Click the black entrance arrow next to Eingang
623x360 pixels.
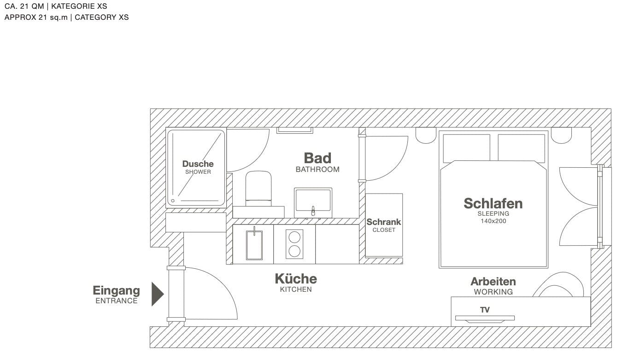coord(157,294)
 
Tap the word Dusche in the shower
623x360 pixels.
coord(198,164)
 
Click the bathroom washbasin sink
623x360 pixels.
coord(313,202)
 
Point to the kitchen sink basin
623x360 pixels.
coord(254,245)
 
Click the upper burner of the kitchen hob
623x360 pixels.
coord(294,237)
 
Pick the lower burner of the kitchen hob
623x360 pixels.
coord(294,251)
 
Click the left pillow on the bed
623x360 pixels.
coord(466,148)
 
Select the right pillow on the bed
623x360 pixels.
coord(521,148)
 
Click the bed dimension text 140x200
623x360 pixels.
coord(494,221)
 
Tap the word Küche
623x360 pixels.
coord(296,279)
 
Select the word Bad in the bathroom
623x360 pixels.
coord(317,158)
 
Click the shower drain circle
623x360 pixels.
coord(173,201)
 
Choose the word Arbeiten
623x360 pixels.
coord(493,282)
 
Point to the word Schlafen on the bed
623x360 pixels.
coord(493,203)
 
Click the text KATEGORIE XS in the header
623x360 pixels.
coord(79,6)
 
